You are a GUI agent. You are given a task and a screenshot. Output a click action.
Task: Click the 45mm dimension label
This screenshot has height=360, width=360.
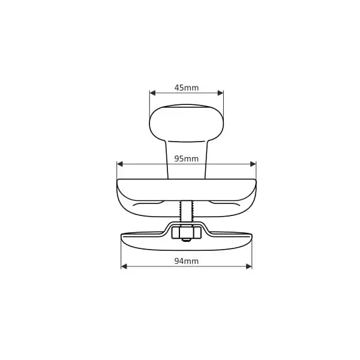187,88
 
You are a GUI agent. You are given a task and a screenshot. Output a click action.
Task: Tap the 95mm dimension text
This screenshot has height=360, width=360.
186,158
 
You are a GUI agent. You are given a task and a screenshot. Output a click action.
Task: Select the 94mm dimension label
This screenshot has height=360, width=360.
187,261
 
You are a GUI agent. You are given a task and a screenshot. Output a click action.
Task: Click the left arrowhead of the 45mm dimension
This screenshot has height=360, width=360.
152,93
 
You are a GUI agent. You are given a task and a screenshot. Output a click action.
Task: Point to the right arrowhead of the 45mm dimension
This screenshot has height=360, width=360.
220,93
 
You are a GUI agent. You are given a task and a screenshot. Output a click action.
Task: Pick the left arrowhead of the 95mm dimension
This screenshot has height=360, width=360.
120,164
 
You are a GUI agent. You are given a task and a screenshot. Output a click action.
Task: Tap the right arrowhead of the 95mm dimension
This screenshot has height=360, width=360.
253,164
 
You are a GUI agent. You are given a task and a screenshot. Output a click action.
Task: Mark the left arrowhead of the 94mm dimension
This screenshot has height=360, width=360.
124,266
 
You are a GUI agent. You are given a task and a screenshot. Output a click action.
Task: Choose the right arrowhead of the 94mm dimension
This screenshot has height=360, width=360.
249,266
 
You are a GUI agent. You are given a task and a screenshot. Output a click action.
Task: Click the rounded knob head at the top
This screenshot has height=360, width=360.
187,123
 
